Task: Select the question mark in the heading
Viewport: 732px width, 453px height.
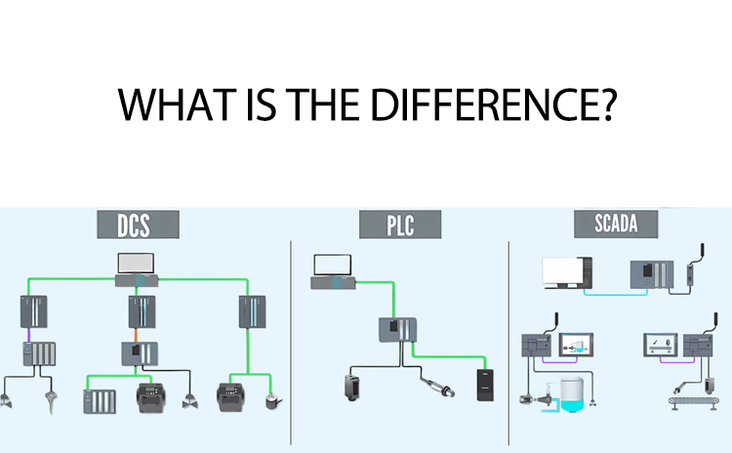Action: (x=607, y=104)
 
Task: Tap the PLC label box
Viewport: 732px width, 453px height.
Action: (x=400, y=225)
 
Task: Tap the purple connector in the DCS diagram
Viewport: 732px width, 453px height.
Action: (x=29, y=334)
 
